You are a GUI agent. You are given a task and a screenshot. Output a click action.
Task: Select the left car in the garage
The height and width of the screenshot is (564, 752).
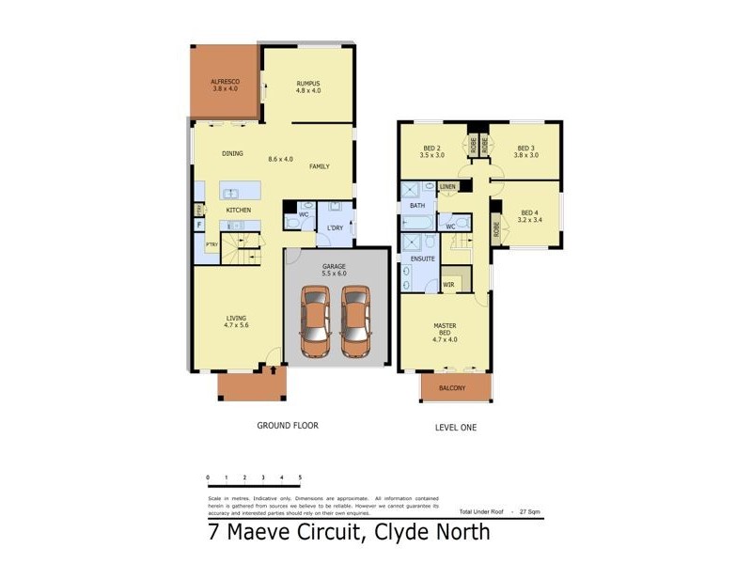(316, 321)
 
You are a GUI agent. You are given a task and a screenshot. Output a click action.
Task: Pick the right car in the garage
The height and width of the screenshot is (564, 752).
(355, 321)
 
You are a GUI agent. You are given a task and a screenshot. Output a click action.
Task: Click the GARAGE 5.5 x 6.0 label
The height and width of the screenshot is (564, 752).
(335, 270)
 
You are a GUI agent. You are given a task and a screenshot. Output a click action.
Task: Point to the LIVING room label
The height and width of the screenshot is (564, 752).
(235, 321)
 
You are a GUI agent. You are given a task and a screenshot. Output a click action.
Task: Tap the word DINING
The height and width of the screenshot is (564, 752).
(232, 153)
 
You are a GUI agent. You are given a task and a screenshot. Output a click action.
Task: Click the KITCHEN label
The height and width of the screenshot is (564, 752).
(238, 209)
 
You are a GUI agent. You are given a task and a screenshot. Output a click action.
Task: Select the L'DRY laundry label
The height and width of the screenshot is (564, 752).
(335, 228)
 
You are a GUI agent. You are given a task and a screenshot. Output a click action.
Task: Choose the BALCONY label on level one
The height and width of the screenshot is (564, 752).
(455, 387)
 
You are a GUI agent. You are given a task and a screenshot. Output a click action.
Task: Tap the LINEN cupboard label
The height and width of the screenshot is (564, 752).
(447, 187)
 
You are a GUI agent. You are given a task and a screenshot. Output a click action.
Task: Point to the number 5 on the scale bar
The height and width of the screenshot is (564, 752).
(300, 478)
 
